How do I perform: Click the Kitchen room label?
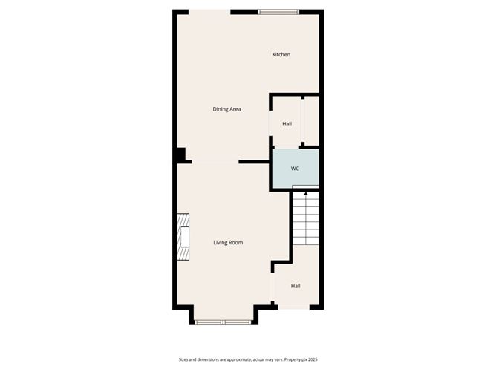[x=281, y=55]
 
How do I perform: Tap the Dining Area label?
[x=226, y=109]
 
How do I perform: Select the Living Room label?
[x=228, y=243]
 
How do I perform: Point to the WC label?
[x=295, y=169]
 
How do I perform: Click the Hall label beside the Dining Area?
[x=287, y=123]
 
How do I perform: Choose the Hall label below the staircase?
[x=296, y=286]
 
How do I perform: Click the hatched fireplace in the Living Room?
[x=183, y=238]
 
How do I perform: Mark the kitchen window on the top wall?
[x=278, y=12]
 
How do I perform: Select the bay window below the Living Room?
[x=223, y=322]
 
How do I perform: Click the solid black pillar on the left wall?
[x=180, y=154]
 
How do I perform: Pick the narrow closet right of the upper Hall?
[x=311, y=120]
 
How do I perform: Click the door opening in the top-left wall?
[x=209, y=11]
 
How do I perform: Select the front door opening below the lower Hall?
[x=293, y=306]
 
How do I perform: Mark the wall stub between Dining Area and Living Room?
[x=253, y=161]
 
